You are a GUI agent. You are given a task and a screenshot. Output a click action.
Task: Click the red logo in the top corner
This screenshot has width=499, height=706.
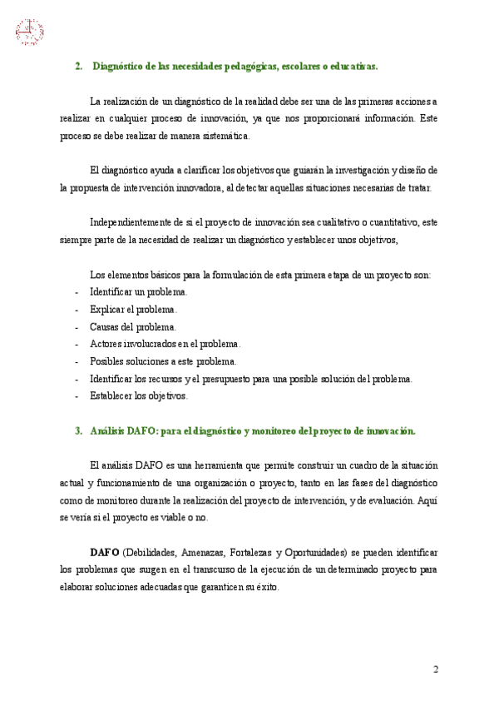pyautogui.click(x=29, y=32)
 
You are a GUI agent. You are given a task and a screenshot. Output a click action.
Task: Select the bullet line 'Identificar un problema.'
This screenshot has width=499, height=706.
pyautogui.click(x=138, y=292)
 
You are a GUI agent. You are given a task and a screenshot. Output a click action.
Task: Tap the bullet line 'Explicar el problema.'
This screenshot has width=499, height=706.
pyautogui.click(x=133, y=310)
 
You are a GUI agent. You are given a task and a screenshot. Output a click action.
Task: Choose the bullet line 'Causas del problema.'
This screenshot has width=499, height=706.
pyautogui.click(x=132, y=327)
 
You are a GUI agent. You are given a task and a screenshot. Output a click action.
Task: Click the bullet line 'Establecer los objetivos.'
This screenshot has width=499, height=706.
pyautogui.click(x=138, y=396)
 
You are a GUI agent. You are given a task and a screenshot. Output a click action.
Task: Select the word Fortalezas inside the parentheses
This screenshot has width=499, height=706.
pyautogui.click(x=249, y=552)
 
